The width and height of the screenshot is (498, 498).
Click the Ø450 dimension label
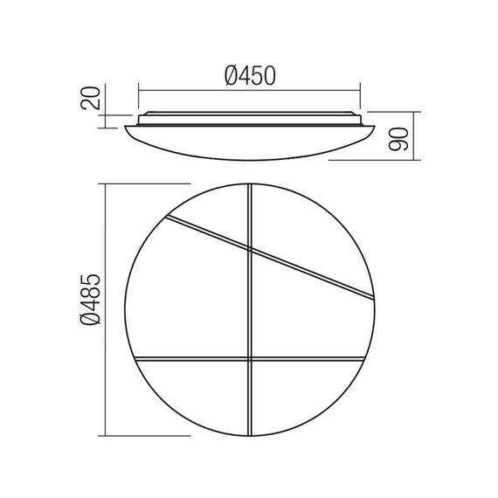click(x=250, y=76)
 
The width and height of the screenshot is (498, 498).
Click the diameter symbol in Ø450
click(x=231, y=76)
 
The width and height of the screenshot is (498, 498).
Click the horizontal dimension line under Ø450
click(x=250, y=88)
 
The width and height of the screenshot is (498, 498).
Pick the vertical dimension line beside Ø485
click(x=105, y=310)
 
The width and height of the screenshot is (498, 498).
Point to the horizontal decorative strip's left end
click(x=137, y=360)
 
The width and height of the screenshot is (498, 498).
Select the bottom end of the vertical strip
click(x=252, y=436)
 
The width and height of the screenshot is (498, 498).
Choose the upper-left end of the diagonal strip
click(x=166, y=218)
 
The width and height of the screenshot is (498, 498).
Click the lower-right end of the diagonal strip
click(x=374, y=295)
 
